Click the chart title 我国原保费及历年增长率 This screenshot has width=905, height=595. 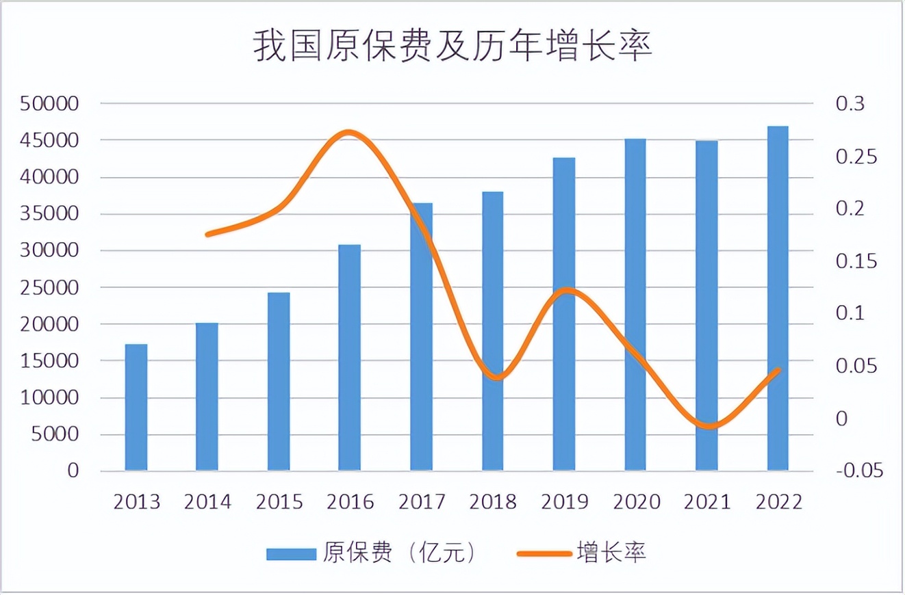click(x=452, y=47)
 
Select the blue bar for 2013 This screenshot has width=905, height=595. click(x=136, y=408)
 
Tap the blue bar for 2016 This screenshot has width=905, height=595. click(x=350, y=358)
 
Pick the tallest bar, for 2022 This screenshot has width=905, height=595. click(x=778, y=299)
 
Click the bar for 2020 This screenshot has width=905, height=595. click(x=635, y=305)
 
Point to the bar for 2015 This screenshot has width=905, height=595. click(x=279, y=382)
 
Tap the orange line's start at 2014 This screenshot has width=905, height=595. click(x=207, y=234)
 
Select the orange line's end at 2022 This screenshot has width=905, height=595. click(x=778, y=370)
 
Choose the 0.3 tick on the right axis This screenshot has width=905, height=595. click(x=850, y=104)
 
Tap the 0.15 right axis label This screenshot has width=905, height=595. click(x=855, y=261)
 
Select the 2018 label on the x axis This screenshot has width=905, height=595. click(x=493, y=502)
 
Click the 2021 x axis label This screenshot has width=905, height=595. click(x=707, y=502)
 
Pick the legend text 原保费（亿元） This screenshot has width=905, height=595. click(x=399, y=553)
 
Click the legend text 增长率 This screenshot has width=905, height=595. click(x=611, y=553)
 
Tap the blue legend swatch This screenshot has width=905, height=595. click(x=292, y=553)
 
